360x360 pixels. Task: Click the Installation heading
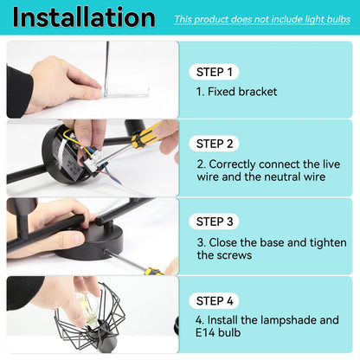tap(84, 17)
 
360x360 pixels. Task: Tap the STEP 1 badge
tap(214, 72)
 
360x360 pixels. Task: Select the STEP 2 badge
tap(215, 144)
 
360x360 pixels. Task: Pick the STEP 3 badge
tap(215, 222)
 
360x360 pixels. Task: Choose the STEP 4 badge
tap(215, 301)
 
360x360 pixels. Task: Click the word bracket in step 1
tap(258, 92)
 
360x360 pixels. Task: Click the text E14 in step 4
tap(205, 332)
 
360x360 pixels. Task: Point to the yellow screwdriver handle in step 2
tap(146, 134)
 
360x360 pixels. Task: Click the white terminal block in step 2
tap(94, 159)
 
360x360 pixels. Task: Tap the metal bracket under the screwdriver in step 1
tap(126, 94)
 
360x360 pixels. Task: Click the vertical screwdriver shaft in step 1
tap(107, 67)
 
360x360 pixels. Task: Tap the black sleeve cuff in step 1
tap(18, 92)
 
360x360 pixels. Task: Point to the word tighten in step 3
tap(328, 243)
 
